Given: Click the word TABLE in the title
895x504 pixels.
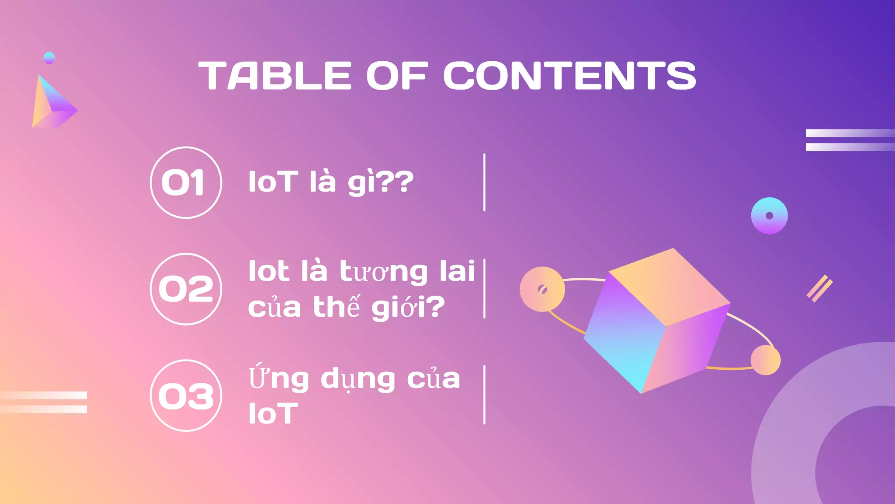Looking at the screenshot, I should (275, 76).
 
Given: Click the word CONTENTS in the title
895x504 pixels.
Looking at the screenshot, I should (569, 76).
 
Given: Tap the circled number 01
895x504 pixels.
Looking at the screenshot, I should (186, 182).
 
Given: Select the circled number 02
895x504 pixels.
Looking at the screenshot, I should (186, 289).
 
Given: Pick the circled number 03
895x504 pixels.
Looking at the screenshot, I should (186, 395).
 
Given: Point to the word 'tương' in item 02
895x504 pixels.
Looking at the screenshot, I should (384, 272).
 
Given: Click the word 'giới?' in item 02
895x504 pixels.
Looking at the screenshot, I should (408, 308).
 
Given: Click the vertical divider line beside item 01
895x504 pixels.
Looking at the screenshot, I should (485, 182).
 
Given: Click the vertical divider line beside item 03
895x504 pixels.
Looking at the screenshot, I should (485, 395).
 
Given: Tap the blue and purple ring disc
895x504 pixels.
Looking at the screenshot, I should (769, 216).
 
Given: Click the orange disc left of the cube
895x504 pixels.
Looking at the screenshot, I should (542, 289).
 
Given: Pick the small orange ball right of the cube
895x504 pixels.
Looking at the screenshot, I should (766, 360).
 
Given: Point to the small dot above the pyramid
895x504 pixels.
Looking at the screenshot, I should (49, 58).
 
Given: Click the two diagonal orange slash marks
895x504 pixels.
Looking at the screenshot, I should (819, 288).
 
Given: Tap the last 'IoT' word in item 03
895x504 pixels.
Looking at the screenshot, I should (273, 414).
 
